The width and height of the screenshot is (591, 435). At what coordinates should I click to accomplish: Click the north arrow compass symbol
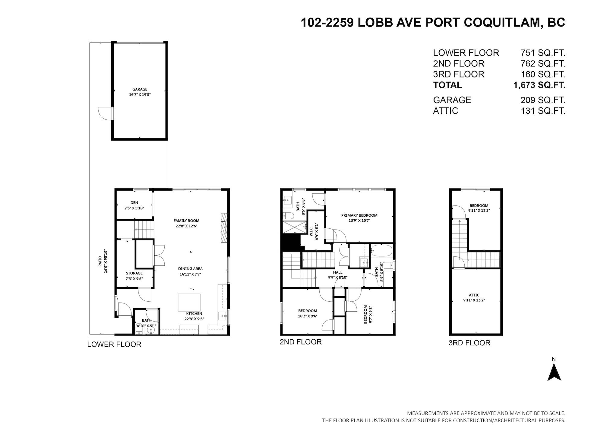coord(554,372)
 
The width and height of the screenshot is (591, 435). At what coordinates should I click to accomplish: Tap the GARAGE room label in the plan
coord(140,89)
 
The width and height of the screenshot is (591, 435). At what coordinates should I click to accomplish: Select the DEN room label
coord(134,203)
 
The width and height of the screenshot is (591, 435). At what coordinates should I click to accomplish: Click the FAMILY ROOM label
coord(186,221)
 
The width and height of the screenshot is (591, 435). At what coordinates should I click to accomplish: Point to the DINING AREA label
coord(190,269)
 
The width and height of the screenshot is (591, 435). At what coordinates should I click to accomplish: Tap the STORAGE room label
coord(134,273)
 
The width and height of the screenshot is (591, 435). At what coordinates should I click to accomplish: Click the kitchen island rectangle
coord(189,302)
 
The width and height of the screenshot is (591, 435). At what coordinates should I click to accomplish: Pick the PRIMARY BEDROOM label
coord(359,215)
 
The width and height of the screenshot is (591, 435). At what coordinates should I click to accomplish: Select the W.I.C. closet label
coord(311,232)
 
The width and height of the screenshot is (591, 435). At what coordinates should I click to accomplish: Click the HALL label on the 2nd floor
coord(338,272)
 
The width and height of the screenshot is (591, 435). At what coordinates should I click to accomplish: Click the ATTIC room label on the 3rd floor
coord(474,295)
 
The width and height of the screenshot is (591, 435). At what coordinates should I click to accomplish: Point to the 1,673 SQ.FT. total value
coord(539,85)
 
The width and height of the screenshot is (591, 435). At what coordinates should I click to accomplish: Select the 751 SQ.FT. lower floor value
coord(543,53)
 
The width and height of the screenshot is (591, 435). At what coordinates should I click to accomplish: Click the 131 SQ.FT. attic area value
coord(543,111)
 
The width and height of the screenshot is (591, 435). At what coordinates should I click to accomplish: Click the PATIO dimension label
coord(103,261)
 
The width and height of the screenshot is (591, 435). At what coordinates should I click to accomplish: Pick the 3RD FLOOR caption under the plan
coord(469,343)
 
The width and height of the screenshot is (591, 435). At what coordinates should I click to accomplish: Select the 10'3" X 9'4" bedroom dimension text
coord(308,316)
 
